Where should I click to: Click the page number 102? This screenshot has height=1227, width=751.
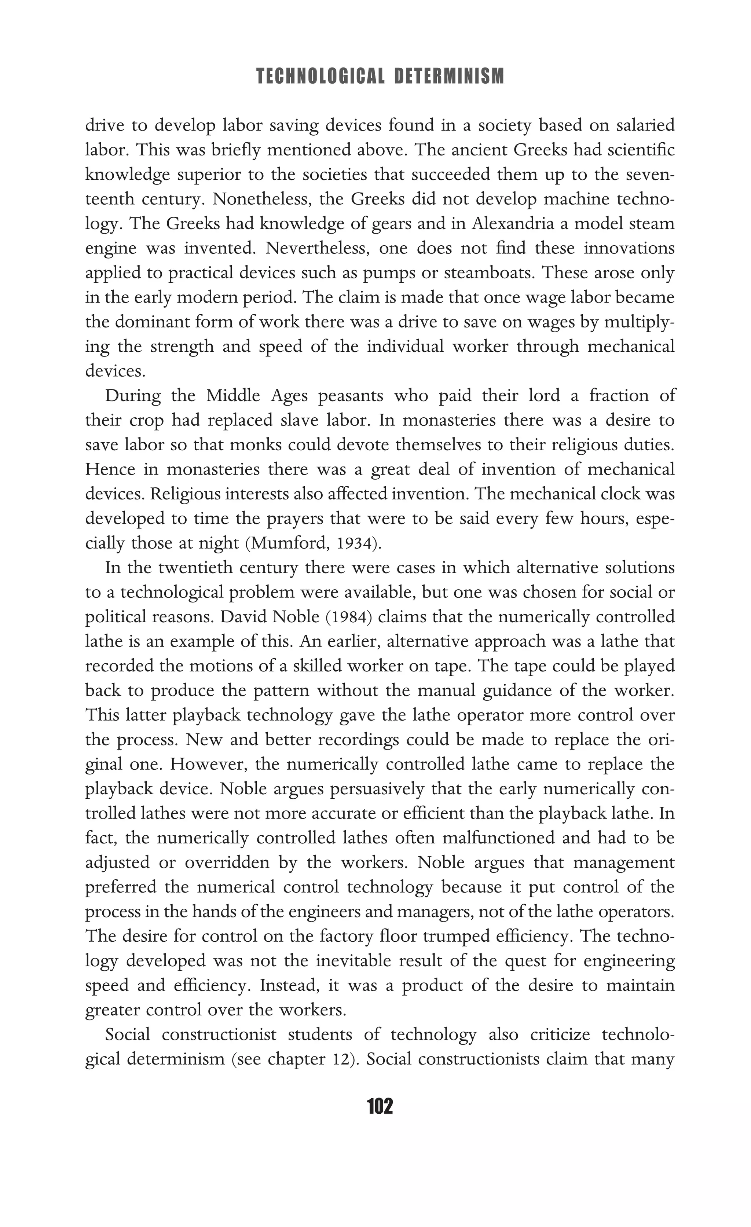[x=380, y=1106]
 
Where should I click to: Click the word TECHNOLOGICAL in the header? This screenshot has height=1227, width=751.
[x=321, y=77]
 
